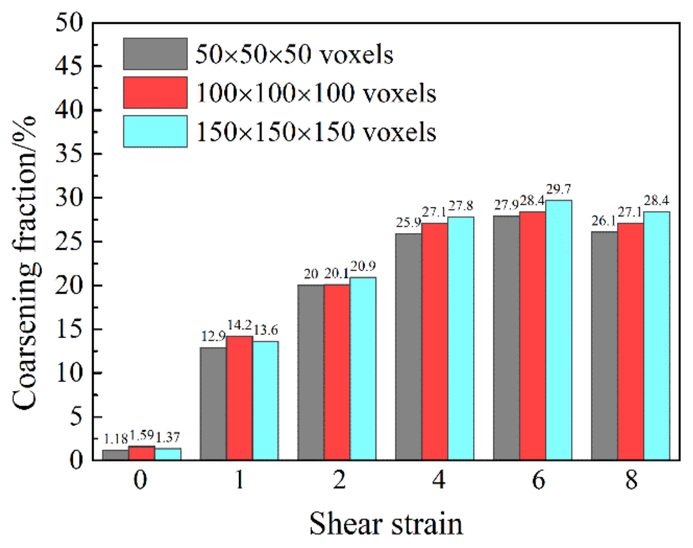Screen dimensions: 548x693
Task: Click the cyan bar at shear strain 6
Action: (x=558, y=330)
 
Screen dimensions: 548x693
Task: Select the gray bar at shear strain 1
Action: (x=213, y=404)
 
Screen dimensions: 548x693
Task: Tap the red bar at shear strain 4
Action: (x=434, y=341)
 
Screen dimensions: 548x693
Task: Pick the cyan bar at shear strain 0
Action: (x=168, y=454)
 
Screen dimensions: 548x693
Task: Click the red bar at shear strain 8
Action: (x=630, y=341)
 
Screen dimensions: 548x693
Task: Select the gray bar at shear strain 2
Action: (x=311, y=372)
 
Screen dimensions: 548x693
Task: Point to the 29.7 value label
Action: (x=558, y=189)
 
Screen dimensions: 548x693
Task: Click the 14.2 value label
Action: (x=239, y=325)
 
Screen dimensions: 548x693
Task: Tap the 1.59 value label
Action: (x=141, y=435)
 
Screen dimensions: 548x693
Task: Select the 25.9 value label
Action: (x=408, y=223)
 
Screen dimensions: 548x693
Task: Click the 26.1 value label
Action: (x=604, y=221)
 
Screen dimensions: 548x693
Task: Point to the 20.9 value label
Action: (x=363, y=266)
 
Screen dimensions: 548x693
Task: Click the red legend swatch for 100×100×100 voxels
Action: (x=155, y=93)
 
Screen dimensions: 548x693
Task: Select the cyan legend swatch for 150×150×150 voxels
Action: (x=155, y=132)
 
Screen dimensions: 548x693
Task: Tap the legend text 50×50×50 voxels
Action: (x=294, y=55)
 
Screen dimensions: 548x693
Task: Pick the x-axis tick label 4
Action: (x=438, y=480)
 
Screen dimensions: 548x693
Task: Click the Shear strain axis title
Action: (x=386, y=524)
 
